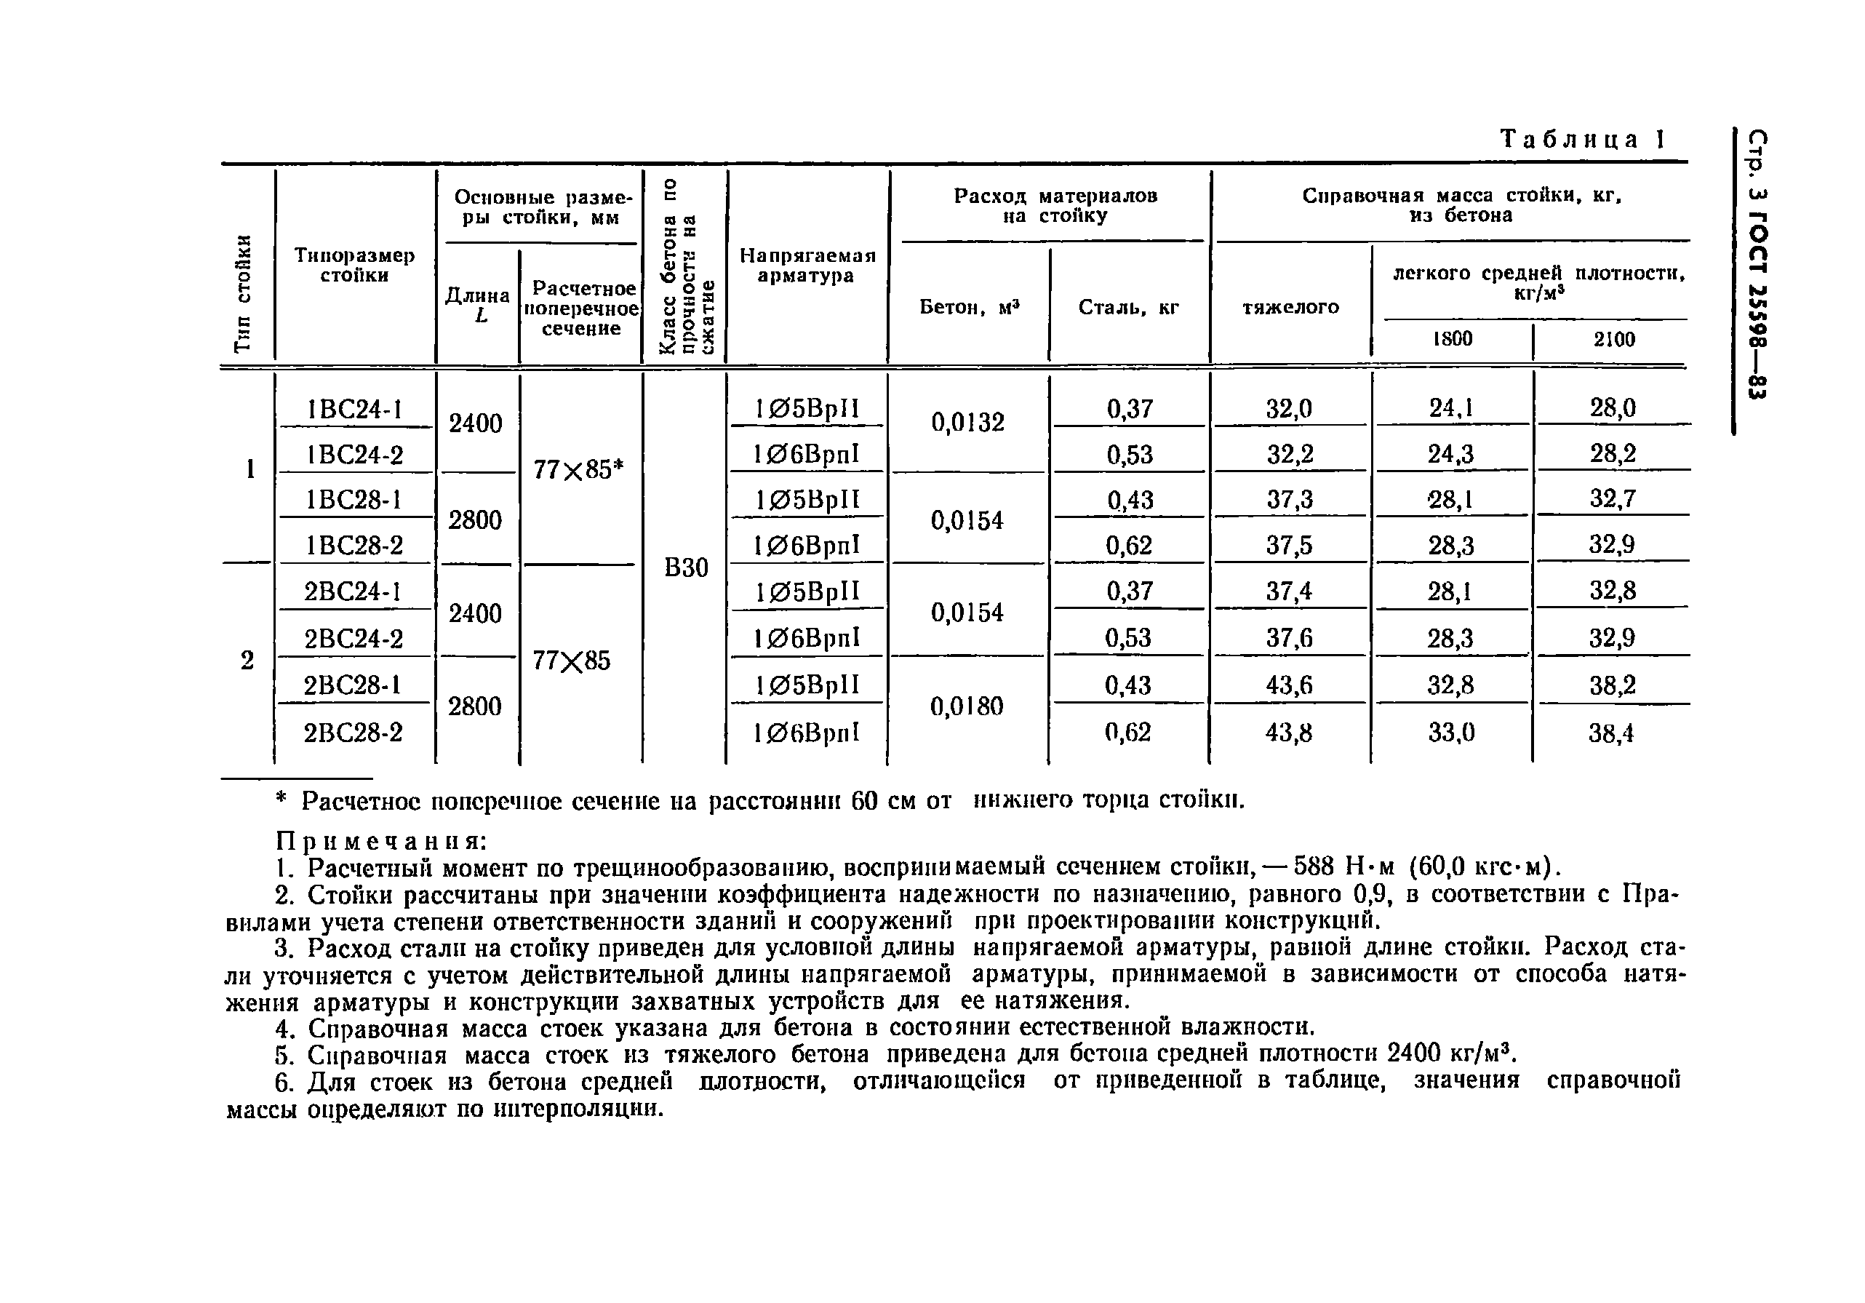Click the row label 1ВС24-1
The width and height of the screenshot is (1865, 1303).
(355, 410)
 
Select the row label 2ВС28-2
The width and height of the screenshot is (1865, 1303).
(354, 733)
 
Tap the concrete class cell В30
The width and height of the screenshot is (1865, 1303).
(687, 567)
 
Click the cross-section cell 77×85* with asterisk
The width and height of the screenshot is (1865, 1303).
(578, 469)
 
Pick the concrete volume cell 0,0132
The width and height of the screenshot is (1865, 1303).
(967, 423)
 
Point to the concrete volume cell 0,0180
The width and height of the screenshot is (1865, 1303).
(967, 706)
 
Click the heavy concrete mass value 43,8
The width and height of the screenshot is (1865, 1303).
(1288, 733)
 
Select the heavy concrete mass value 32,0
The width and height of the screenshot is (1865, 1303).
(1289, 409)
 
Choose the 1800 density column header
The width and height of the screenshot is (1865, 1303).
(1453, 339)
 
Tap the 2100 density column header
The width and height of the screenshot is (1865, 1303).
(1614, 340)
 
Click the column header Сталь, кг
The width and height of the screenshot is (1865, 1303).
(1128, 307)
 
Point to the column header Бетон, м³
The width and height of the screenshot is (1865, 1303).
(969, 307)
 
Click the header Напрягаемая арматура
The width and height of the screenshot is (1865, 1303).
(807, 266)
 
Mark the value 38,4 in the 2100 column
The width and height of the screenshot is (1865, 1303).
(1612, 734)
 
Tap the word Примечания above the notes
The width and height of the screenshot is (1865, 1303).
(382, 840)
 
